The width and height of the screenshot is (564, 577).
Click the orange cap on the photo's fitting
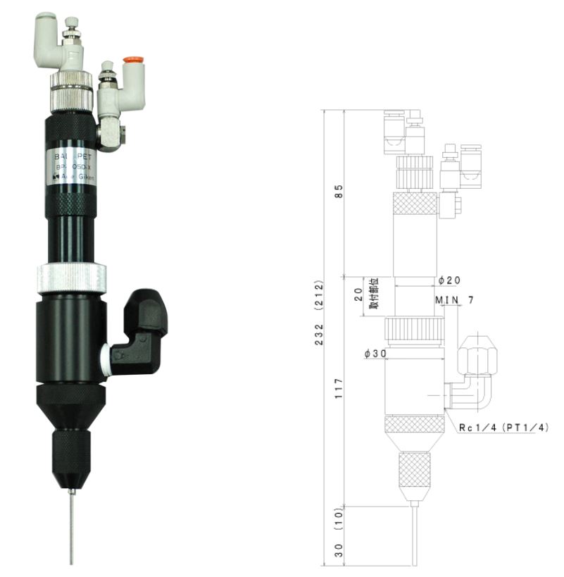130,61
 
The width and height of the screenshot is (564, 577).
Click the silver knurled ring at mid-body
71,277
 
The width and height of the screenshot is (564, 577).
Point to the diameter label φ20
449,280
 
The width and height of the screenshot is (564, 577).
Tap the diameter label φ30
377,354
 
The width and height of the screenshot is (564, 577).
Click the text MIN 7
454,300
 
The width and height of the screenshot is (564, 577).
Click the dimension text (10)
339,520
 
